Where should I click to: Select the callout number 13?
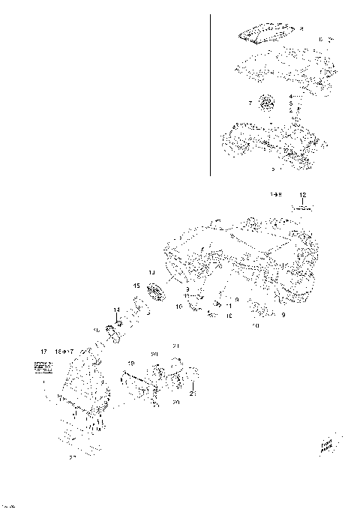pyautogui.click(x=151, y=272)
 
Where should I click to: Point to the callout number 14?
pyautogui.click(x=116, y=310)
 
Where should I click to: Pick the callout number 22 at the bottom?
pyautogui.click(x=73, y=456)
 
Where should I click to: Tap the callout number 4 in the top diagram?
pyautogui.click(x=290, y=97)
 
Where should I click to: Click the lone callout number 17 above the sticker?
pyautogui.click(x=44, y=351)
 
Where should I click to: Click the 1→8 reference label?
pyautogui.click(x=276, y=194)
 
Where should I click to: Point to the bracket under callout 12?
pyautogui.click(x=301, y=211)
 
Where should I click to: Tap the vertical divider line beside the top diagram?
pyautogui.click(x=210, y=94)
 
